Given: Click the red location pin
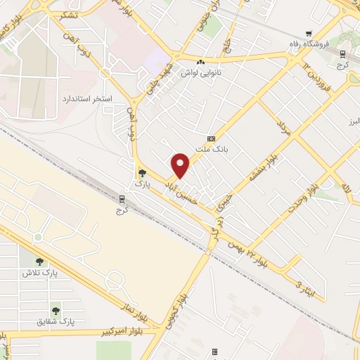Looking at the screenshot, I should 181,165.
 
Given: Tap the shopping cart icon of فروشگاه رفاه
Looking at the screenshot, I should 309,33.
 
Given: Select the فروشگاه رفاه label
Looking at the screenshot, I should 309,44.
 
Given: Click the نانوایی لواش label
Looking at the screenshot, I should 202,72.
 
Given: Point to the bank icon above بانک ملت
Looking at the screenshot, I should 211,139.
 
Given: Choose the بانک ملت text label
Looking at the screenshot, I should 211,149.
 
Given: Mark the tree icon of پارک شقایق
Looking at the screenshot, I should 54,309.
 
